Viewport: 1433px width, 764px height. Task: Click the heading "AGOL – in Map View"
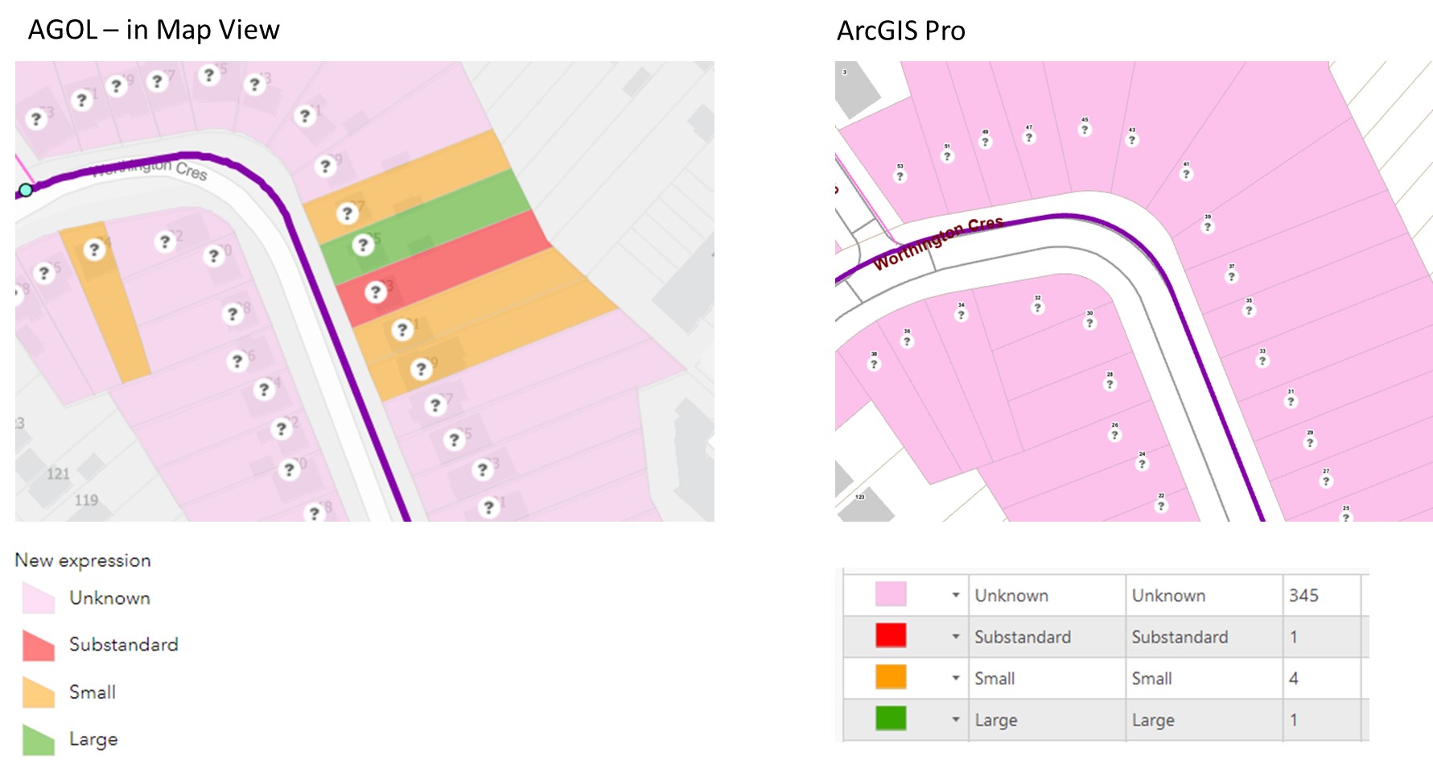tap(154, 30)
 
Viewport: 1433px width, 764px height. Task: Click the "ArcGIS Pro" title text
tap(900, 31)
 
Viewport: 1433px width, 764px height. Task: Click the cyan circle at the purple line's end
tap(26, 190)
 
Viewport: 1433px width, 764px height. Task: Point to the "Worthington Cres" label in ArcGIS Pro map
tap(938, 242)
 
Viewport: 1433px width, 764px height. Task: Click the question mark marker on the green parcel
tap(363, 244)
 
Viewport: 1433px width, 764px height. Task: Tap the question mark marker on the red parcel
tap(375, 292)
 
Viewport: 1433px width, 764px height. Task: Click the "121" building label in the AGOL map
tap(58, 473)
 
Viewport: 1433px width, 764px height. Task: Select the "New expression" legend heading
tap(83, 560)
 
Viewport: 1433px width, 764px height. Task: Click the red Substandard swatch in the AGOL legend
tap(39, 646)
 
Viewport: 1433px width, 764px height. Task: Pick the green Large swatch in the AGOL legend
tap(39, 740)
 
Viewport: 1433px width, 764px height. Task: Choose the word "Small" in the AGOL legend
tap(93, 692)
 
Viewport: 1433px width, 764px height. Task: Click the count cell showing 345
tap(1303, 596)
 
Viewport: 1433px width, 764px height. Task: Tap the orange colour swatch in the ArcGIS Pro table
tap(891, 678)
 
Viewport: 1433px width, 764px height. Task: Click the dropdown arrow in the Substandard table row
tap(956, 637)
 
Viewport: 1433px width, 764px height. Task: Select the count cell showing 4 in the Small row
tap(1294, 679)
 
